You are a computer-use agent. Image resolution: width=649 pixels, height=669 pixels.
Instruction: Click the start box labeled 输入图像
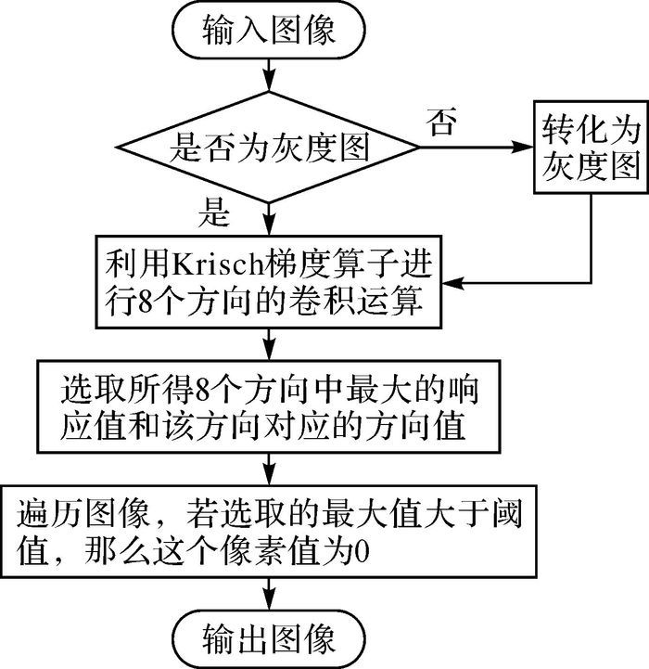pyautogui.click(x=269, y=30)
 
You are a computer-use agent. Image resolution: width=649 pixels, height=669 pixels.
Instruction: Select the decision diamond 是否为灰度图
pyautogui.click(x=269, y=148)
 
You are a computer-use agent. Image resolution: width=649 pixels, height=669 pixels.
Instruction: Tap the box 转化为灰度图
pyautogui.click(x=591, y=148)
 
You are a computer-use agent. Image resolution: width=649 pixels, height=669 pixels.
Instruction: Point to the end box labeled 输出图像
pyautogui.click(x=269, y=639)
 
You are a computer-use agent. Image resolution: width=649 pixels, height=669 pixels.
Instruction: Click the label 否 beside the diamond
pyautogui.click(x=441, y=122)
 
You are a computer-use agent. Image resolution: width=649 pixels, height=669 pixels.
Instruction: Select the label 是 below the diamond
pyautogui.click(x=214, y=212)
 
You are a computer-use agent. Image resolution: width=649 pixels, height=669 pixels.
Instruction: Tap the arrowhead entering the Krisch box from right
pyautogui.click(x=453, y=282)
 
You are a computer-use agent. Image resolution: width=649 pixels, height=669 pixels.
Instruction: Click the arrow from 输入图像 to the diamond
pyautogui.click(x=269, y=74)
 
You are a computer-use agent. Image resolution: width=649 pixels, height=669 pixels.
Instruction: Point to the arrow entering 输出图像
pyautogui.click(x=269, y=594)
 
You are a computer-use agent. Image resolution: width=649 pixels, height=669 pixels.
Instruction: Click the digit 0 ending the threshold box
pyautogui.click(x=362, y=553)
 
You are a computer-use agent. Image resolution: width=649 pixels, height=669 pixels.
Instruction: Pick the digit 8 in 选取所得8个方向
pyautogui.click(x=203, y=390)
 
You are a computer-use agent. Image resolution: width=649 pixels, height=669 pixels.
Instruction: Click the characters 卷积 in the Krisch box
pyautogui.click(x=322, y=302)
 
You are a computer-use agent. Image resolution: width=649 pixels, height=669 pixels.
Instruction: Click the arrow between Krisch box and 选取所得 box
pyautogui.click(x=269, y=344)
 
